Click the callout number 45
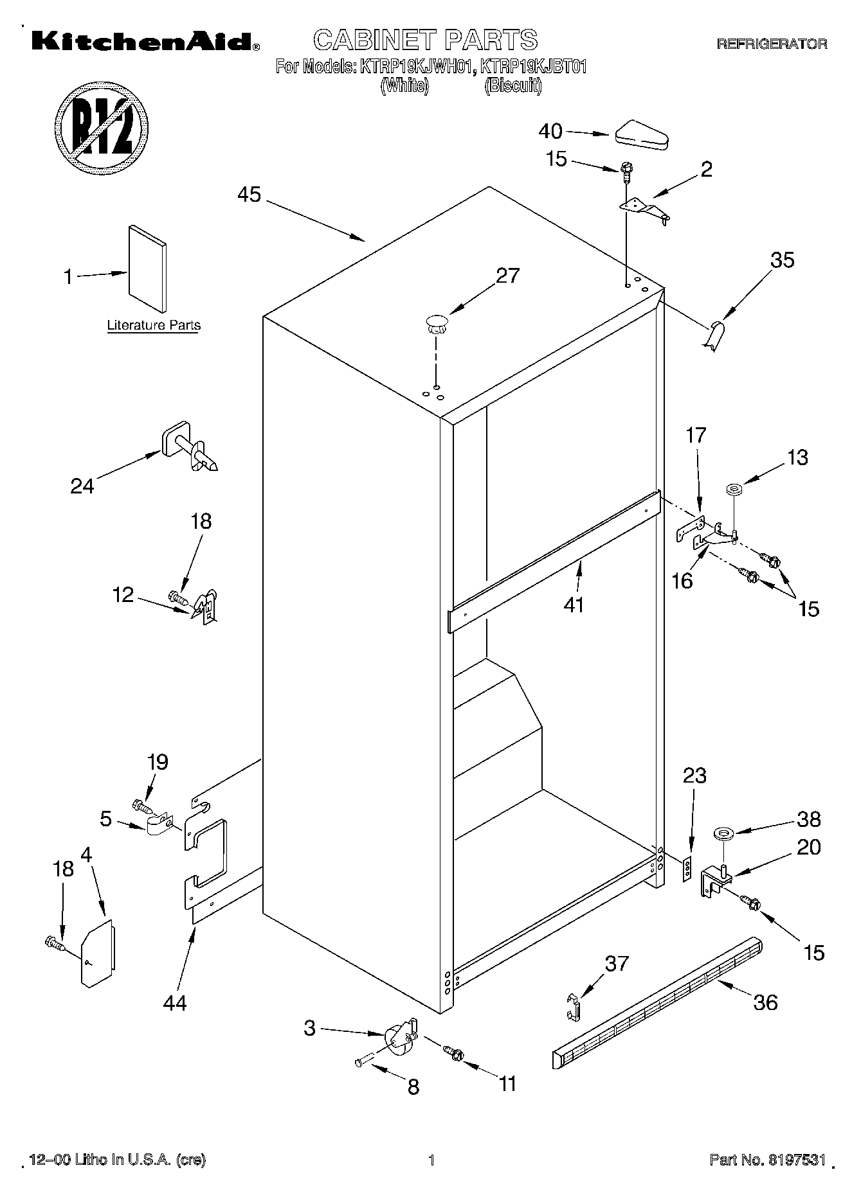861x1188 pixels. coord(249,194)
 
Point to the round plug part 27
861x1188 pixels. coord(436,323)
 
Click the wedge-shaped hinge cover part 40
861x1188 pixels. coord(642,135)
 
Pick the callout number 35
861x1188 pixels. coord(783,260)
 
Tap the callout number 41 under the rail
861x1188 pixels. coord(574,605)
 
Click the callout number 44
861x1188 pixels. coord(175,1002)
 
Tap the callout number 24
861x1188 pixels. coord(82,486)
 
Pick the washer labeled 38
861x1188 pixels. coord(723,835)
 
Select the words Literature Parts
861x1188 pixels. coord(154,325)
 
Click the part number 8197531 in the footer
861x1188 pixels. coord(796,1160)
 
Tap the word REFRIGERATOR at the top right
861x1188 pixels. coord(772,44)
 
